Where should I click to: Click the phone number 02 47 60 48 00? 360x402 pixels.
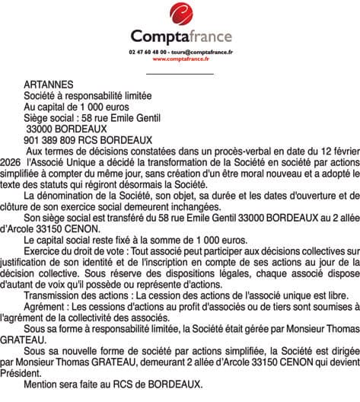147,51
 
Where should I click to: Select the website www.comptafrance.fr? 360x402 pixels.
180,58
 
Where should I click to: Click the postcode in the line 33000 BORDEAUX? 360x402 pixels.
40,129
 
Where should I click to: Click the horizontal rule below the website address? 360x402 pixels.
179,73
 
